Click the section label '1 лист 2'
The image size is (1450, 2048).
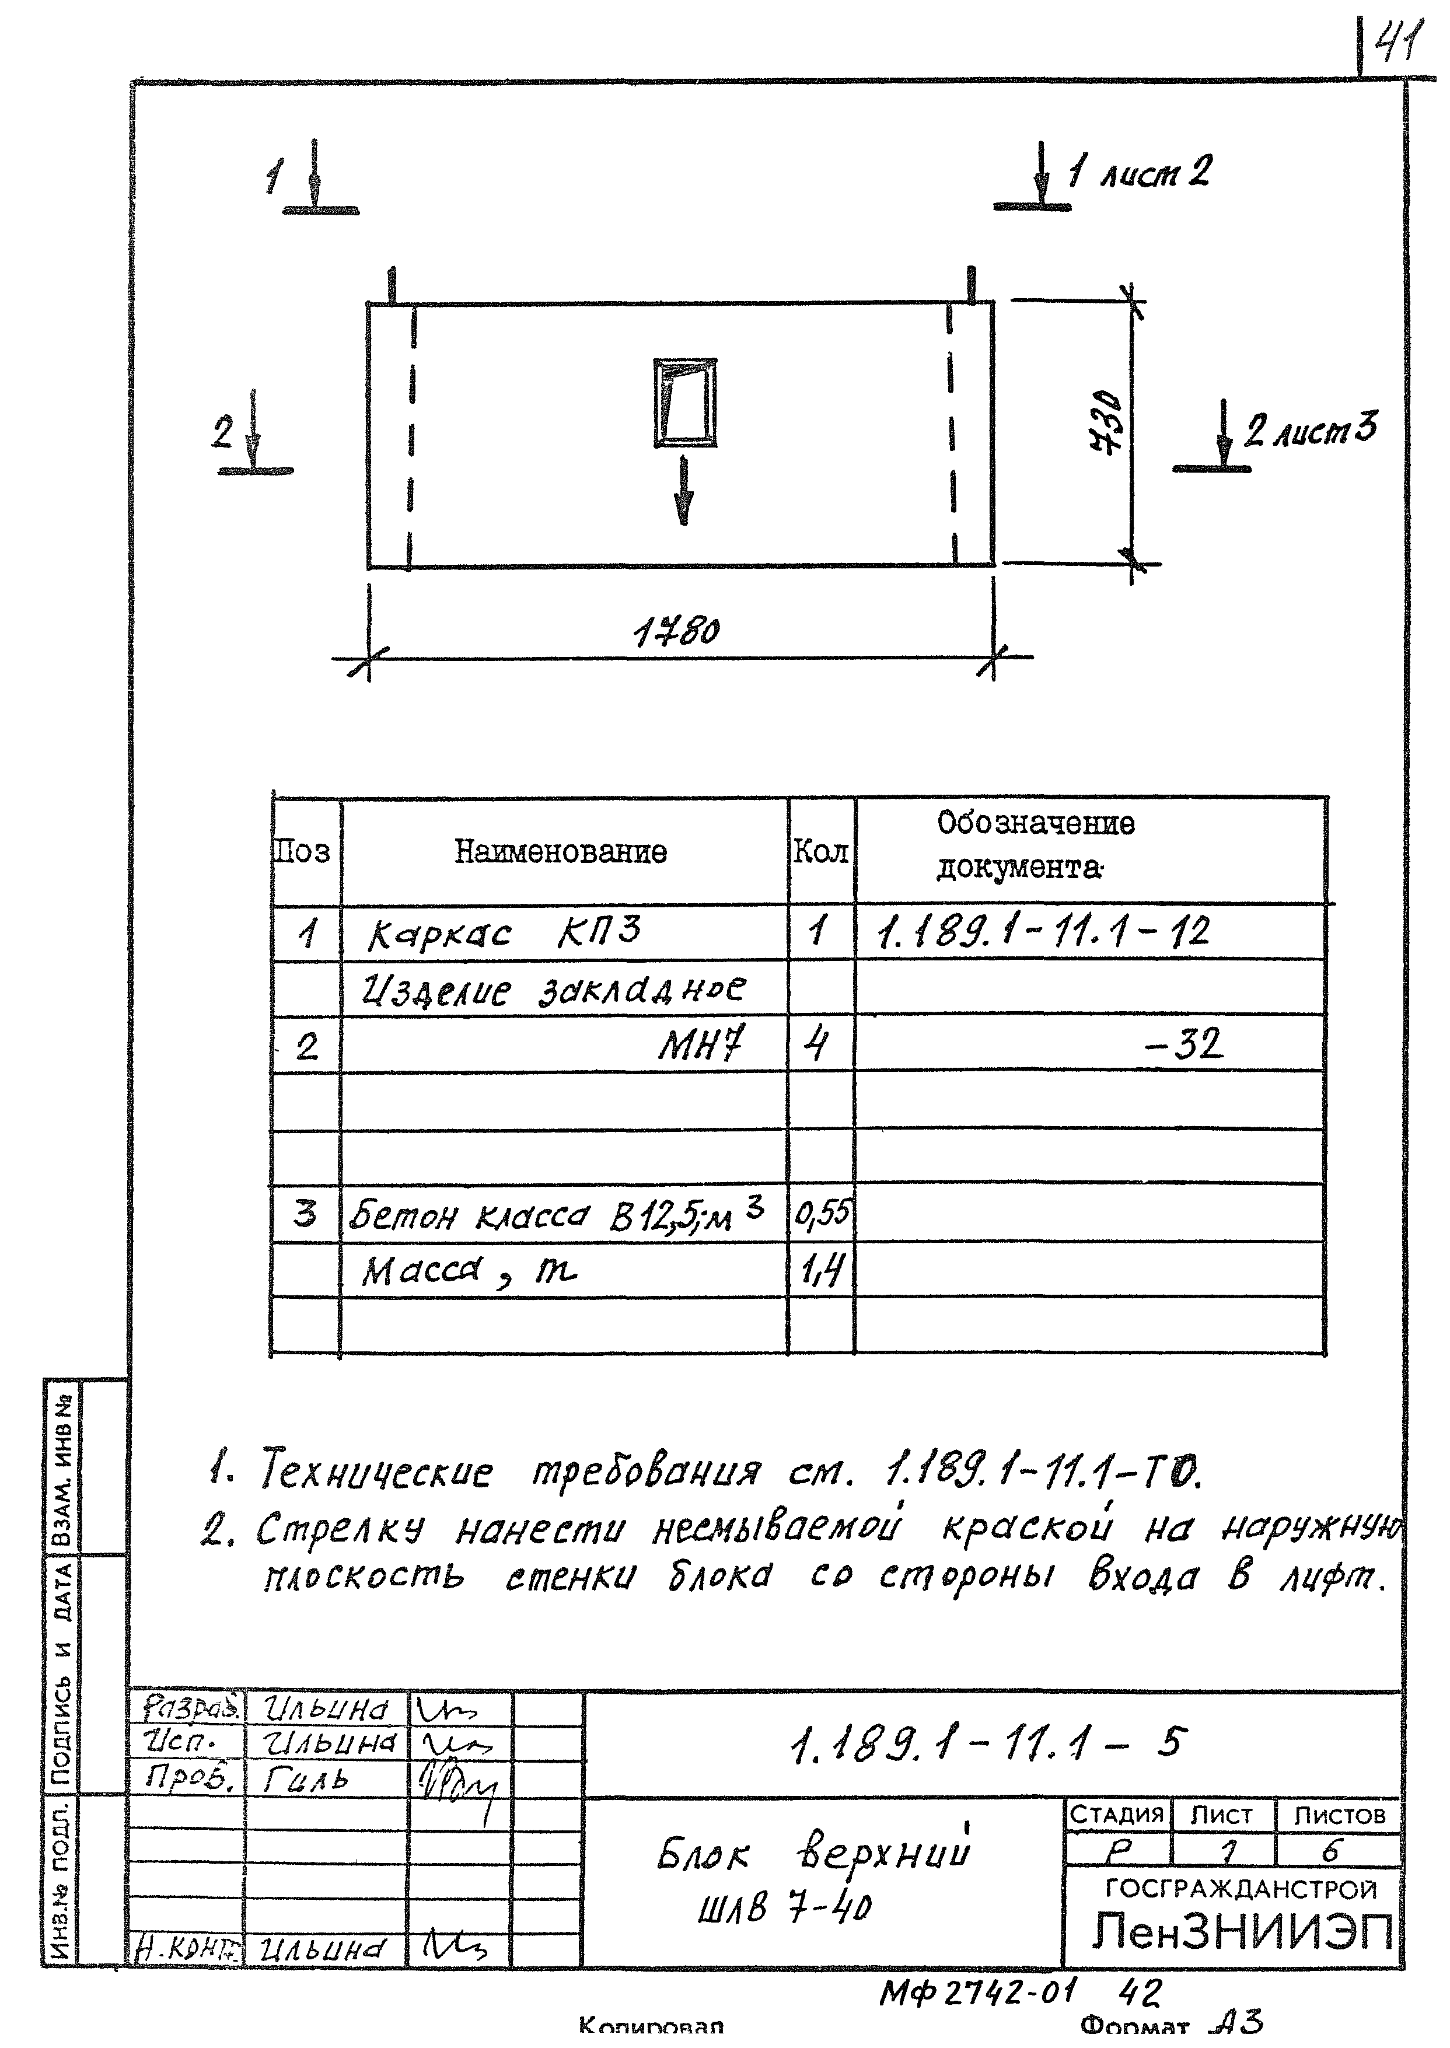pos(1141,172)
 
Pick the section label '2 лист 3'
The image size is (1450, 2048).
pos(1311,430)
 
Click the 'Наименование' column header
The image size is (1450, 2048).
pos(561,852)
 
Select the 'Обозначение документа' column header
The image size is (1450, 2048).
pos(1036,844)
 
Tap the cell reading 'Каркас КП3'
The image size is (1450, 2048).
pos(504,934)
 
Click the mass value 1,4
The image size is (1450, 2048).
pos(822,1270)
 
